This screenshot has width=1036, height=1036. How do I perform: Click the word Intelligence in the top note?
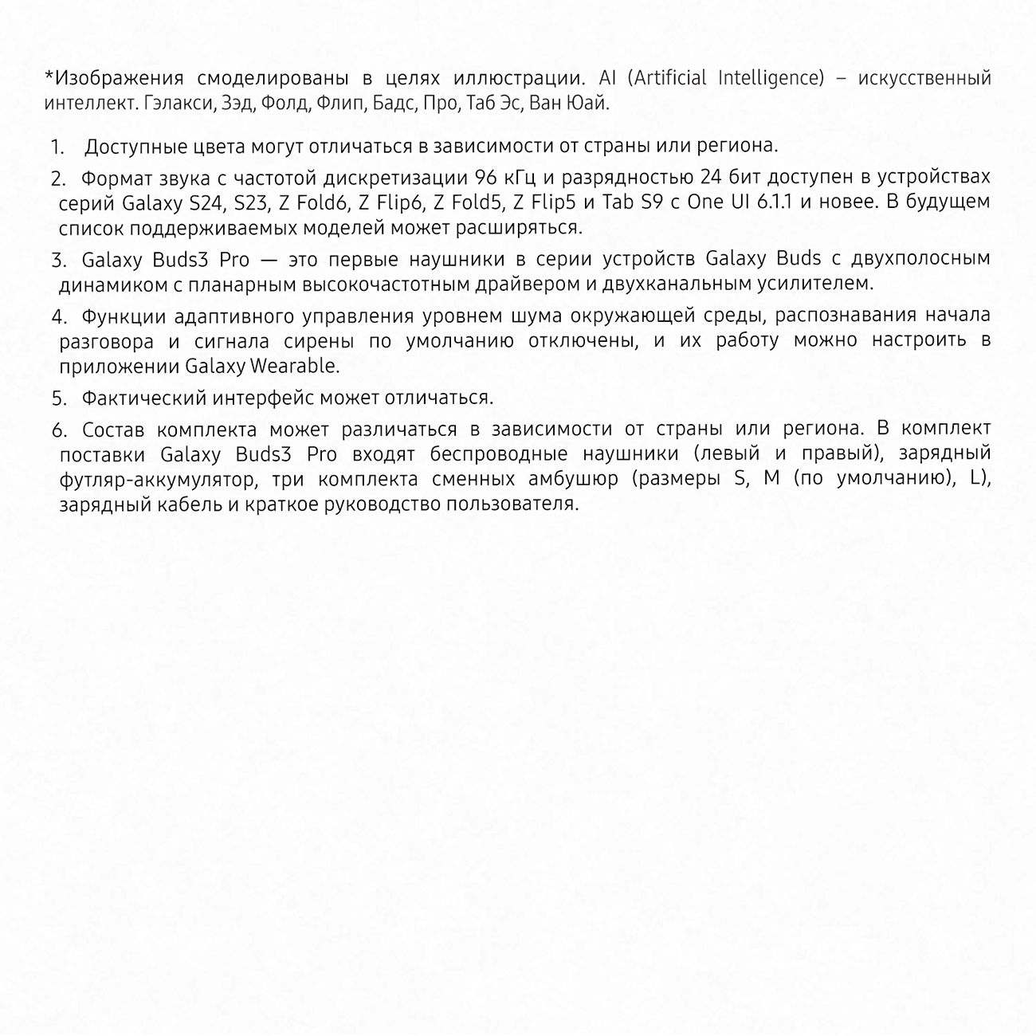click(x=771, y=78)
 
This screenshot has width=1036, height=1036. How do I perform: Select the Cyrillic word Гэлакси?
click(x=179, y=104)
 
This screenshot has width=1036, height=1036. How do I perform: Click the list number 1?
click(x=57, y=147)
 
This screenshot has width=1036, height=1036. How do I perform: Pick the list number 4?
click(x=59, y=317)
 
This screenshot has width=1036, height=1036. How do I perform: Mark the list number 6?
click(x=59, y=431)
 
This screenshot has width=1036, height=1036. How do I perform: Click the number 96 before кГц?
click(x=486, y=177)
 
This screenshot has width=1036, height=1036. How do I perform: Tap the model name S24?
click(x=207, y=202)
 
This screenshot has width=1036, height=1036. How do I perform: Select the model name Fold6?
click(x=323, y=202)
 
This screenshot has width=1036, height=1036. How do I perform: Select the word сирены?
click(x=319, y=341)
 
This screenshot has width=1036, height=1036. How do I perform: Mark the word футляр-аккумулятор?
click(x=159, y=480)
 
